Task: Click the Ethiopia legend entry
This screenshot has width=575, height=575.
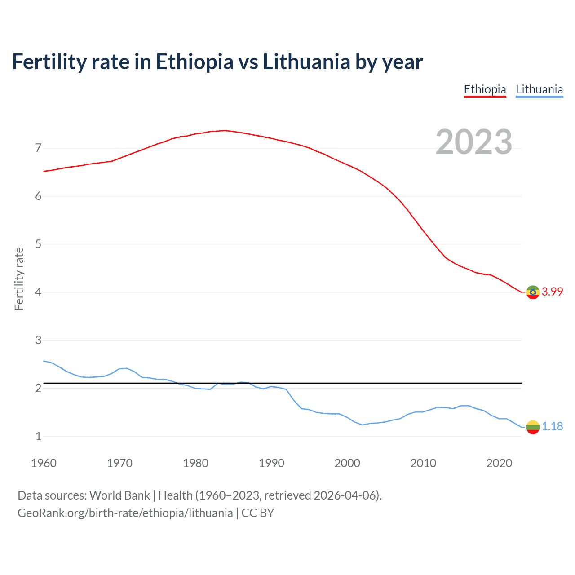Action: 485,89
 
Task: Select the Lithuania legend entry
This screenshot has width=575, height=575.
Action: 539,89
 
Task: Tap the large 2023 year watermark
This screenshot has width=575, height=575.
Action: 474,142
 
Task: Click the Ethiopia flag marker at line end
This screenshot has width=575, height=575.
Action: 533,292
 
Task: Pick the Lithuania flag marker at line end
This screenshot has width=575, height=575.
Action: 533,427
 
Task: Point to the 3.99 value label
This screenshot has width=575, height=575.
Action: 552,292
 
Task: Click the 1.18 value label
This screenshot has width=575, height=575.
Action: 552,426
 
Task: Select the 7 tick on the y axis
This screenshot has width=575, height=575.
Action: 38,148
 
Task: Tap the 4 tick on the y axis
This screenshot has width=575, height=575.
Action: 38,292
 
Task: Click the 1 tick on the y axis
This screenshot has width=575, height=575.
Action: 38,436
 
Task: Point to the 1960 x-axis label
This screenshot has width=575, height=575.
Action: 44,463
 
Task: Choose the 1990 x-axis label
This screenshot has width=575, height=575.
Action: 271,463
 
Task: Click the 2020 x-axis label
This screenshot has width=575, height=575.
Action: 499,463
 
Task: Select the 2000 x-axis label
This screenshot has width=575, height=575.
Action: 347,463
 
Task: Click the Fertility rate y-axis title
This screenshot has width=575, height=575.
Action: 19,279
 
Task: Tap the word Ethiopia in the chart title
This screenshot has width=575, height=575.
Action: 195,62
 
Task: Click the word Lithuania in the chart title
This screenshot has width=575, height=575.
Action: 306,62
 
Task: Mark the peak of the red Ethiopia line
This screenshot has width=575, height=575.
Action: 225,130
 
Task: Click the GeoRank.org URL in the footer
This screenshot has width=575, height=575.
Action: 125,513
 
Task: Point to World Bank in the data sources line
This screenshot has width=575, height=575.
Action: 119,495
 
